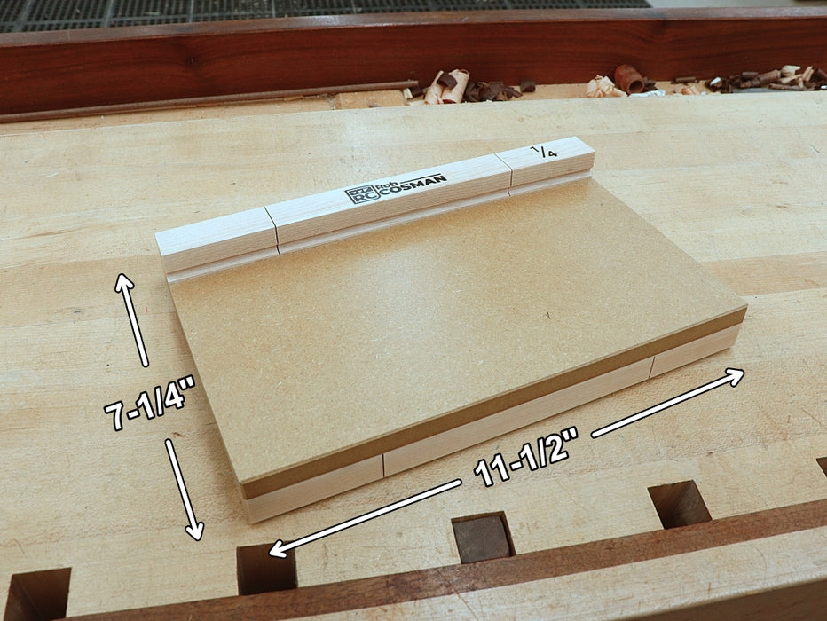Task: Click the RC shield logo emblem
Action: coord(358,194)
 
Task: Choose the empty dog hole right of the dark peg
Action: coord(679,504)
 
